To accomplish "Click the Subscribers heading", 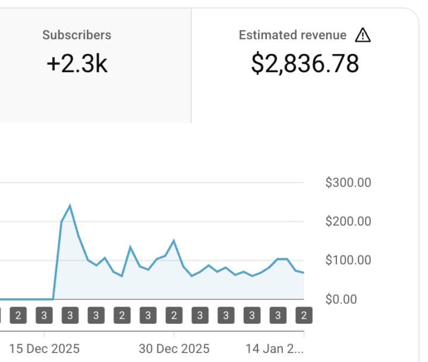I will [77, 35].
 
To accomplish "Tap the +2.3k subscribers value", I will [77, 63].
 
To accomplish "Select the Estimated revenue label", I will [292, 35].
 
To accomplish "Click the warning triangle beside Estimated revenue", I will [363, 36].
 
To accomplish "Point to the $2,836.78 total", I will [305, 63].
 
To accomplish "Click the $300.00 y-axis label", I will [348, 183].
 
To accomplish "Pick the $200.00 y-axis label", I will [348, 221].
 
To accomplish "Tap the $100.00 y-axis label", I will [348, 260].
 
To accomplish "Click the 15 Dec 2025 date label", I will [44, 349].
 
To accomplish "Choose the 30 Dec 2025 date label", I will [174, 349].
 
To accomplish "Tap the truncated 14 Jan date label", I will [275, 349].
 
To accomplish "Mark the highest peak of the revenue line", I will [70, 205].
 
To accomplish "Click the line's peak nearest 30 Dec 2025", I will [174, 241].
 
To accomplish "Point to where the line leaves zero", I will [53, 299].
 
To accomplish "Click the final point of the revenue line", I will [304, 273].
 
